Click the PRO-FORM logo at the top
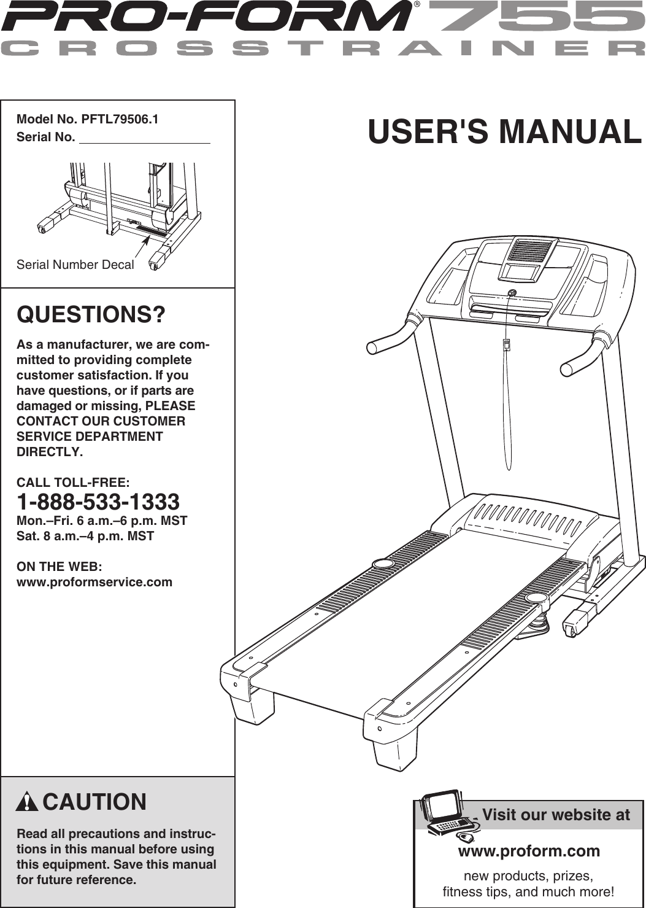tap(206, 17)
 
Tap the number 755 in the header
tap(534, 17)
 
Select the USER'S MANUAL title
tap(504, 132)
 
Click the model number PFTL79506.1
tap(120, 119)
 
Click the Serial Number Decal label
tap(75, 265)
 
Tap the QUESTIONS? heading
tap(91, 314)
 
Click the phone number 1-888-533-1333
tap(98, 502)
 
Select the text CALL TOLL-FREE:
tap(73, 483)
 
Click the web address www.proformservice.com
tap(94, 582)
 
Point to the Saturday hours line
tap(85, 536)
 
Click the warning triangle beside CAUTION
tap(27, 802)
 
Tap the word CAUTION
tap(94, 802)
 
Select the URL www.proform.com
tap(529, 851)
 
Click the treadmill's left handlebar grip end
tap(372, 347)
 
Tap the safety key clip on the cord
tap(507, 344)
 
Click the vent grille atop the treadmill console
tap(531, 251)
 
